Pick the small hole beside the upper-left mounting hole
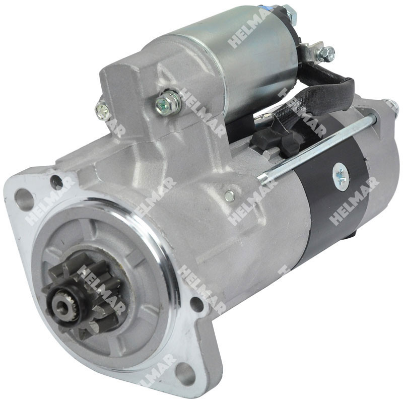56,182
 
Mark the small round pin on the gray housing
229,195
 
